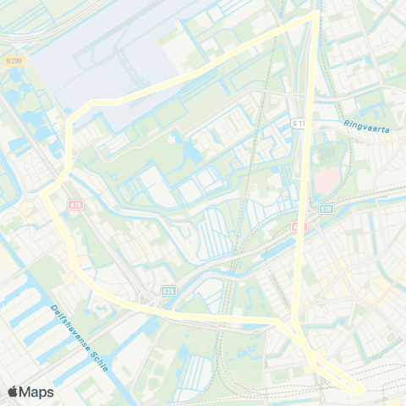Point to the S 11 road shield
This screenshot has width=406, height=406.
click(x=298, y=123)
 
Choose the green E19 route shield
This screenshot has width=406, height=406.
click(x=326, y=208)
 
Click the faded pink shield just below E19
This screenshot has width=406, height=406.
click(x=298, y=227)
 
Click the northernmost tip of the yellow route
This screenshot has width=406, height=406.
click(x=316, y=12)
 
